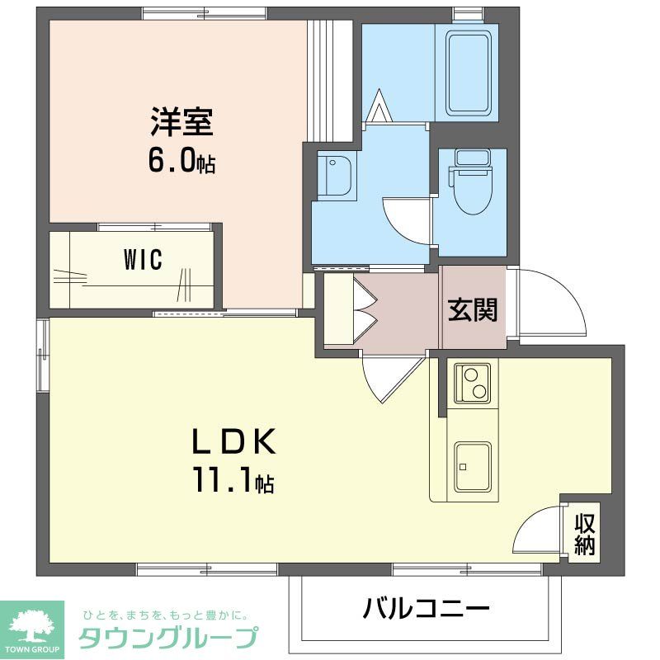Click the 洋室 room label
click(181, 123)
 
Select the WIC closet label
click(143, 260)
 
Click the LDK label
click(233, 443)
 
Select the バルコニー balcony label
click(427, 610)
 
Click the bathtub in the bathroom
click(472, 73)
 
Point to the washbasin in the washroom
click(337, 175)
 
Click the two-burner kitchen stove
click(472, 383)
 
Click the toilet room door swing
click(408, 221)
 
